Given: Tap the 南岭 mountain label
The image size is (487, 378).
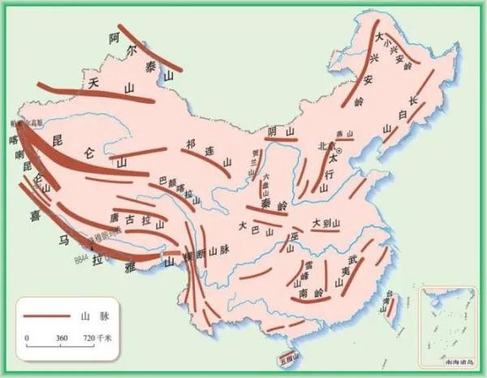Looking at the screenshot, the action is (x=311, y=292).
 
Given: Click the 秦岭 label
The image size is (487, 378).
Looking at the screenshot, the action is (x=274, y=207).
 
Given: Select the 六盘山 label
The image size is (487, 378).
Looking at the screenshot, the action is (x=264, y=186).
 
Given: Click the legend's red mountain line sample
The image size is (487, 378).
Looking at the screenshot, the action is (x=46, y=314).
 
